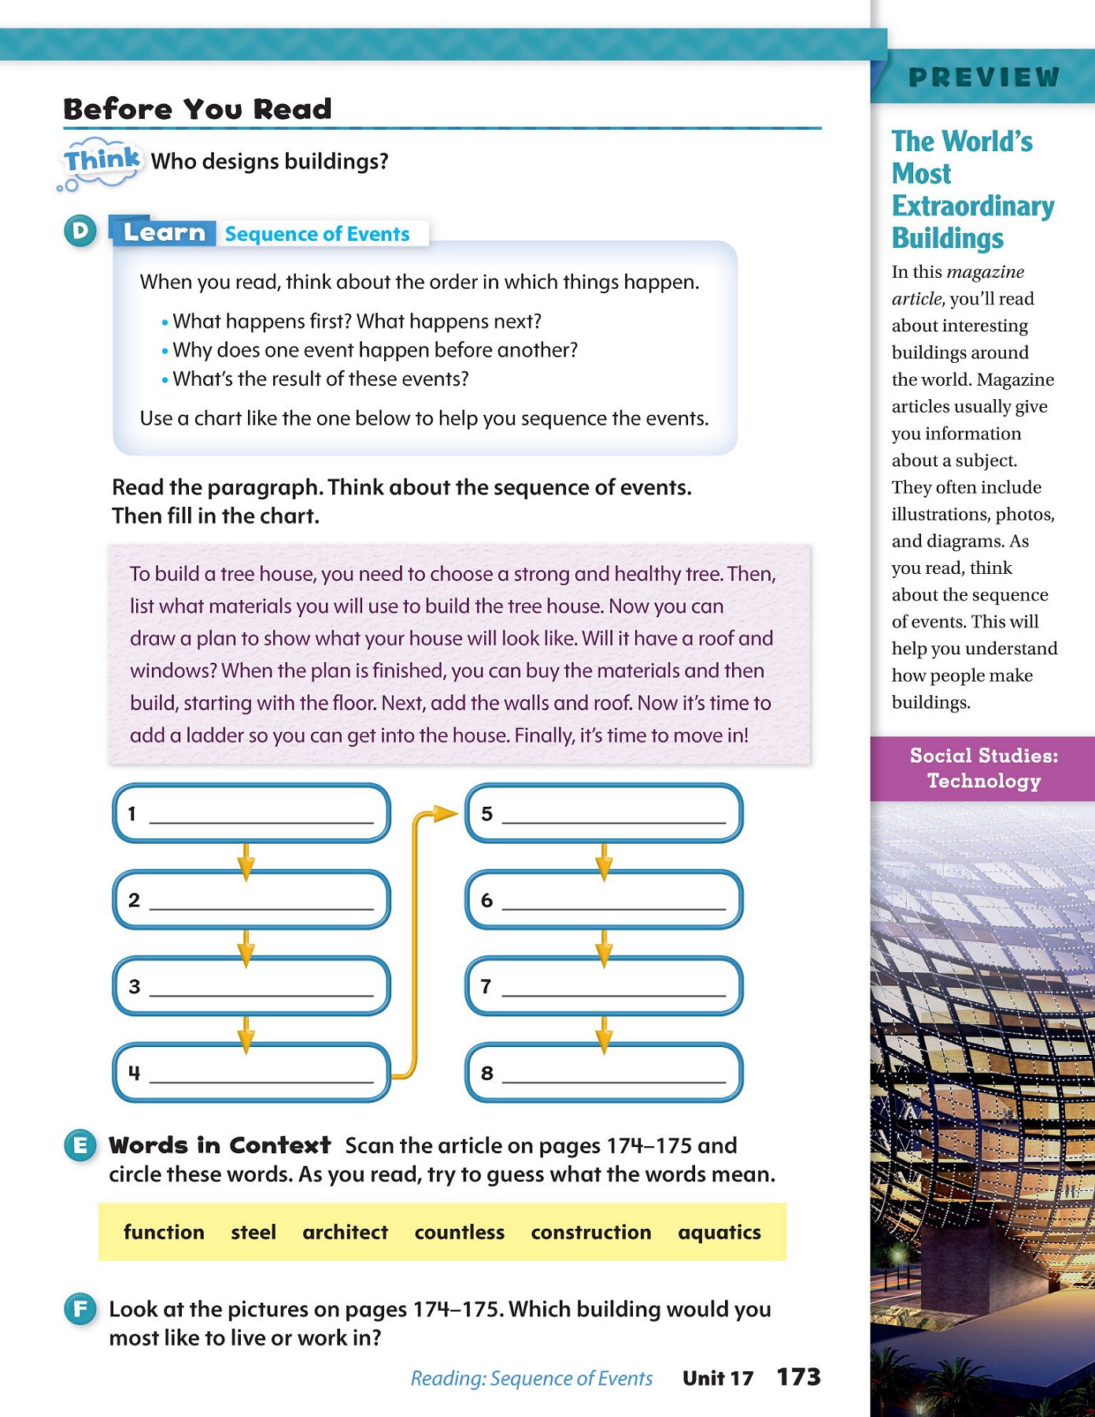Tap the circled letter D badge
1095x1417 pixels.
pyautogui.click(x=80, y=231)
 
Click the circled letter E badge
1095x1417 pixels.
pyautogui.click(x=80, y=1145)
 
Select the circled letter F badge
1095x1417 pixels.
pyautogui.click(x=80, y=1309)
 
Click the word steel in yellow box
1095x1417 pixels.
pyautogui.click(x=253, y=1232)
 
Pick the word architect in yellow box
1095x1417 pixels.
pyautogui.click(x=345, y=1232)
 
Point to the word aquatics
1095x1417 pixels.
pyautogui.click(x=719, y=1232)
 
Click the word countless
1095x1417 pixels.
pyautogui.click(x=459, y=1232)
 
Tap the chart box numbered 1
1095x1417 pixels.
pyautogui.click(x=251, y=812)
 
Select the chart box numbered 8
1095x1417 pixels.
pyautogui.click(x=604, y=1072)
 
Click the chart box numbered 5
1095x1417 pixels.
pyautogui.click(x=604, y=812)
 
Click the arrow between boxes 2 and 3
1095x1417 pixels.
pyautogui.click(x=246, y=948)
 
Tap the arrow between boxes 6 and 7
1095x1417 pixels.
pyautogui.click(x=604, y=948)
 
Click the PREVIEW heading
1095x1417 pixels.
pyautogui.click(x=983, y=77)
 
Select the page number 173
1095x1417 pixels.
pyautogui.click(x=798, y=1377)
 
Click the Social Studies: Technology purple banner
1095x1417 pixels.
pyautogui.click(x=983, y=768)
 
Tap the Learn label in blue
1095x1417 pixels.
pyautogui.click(x=164, y=232)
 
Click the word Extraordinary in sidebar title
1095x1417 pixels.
pyautogui.click(x=973, y=206)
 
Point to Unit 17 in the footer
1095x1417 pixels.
pyautogui.click(x=717, y=1378)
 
